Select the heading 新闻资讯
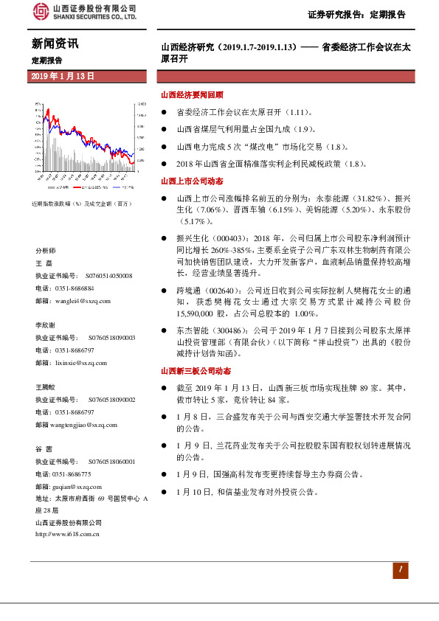pyautogui.click(x=55, y=44)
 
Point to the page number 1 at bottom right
pyautogui.click(x=399, y=569)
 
